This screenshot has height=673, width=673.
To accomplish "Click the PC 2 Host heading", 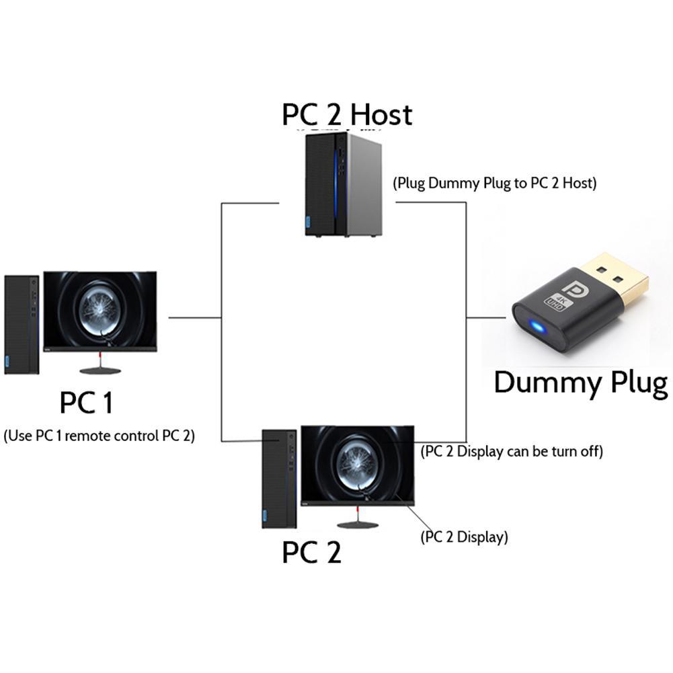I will pyautogui.click(x=346, y=115).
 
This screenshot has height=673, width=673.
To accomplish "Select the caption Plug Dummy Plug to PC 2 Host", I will pyautogui.click(x=495, y=183).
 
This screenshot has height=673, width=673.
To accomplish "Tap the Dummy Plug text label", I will pyautogui.click(x=580, y=383).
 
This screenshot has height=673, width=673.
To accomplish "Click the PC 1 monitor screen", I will pyautogui.click(x=100, y=309).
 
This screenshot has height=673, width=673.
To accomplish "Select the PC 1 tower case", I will pyautogui.click(x=22, y=323).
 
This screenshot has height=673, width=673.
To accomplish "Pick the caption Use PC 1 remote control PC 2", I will pyautogui.click(x=99, y=436).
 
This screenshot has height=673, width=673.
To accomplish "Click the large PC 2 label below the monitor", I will pyautogui.click(x=311, y=553).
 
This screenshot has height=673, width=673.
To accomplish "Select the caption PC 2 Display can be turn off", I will pyautogui.click(x=511, y=451).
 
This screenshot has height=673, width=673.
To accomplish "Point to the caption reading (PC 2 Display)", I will pyautogui.click(x=464, y=537).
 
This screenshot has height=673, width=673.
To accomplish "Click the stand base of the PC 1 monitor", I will pyautogui.click(x=100, y=370).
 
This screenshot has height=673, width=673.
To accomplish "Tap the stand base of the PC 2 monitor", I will pyautogui.click(x=356, y=524).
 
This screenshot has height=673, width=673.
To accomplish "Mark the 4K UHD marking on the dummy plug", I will pyautogui.click(x=558, y=301).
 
